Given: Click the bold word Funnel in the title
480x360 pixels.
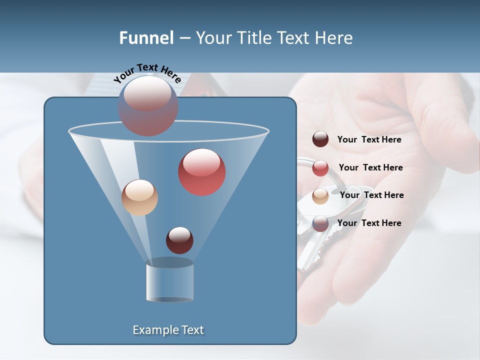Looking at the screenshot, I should (x=146, y=38).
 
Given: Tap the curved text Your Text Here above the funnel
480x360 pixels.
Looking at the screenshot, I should (x=147, y=72).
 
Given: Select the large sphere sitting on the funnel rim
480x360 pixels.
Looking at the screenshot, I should (x=148, y=105).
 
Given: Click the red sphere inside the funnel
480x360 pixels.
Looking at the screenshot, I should (x=202, y=171).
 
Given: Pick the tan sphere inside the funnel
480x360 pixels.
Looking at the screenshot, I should (x=139, y=197).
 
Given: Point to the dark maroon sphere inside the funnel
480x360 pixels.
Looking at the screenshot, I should (x=179, y=240).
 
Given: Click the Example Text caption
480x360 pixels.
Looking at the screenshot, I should (x=168, y=330).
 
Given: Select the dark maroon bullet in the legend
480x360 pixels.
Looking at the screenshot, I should (x=320, y=139).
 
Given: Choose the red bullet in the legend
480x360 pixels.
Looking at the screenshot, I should (x=320, y=168).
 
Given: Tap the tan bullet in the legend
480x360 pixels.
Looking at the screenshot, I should (x=320, y=195).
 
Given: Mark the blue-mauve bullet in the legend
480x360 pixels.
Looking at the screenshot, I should (x=320, y=223).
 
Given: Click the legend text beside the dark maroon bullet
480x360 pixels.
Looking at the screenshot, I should (x=369, y=140).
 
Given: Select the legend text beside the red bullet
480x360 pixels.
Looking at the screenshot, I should (x=370, y=168).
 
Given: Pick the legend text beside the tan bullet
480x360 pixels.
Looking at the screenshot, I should (x=371, y=195).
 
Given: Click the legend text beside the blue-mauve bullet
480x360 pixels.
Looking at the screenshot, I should (x=369, y=223).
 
